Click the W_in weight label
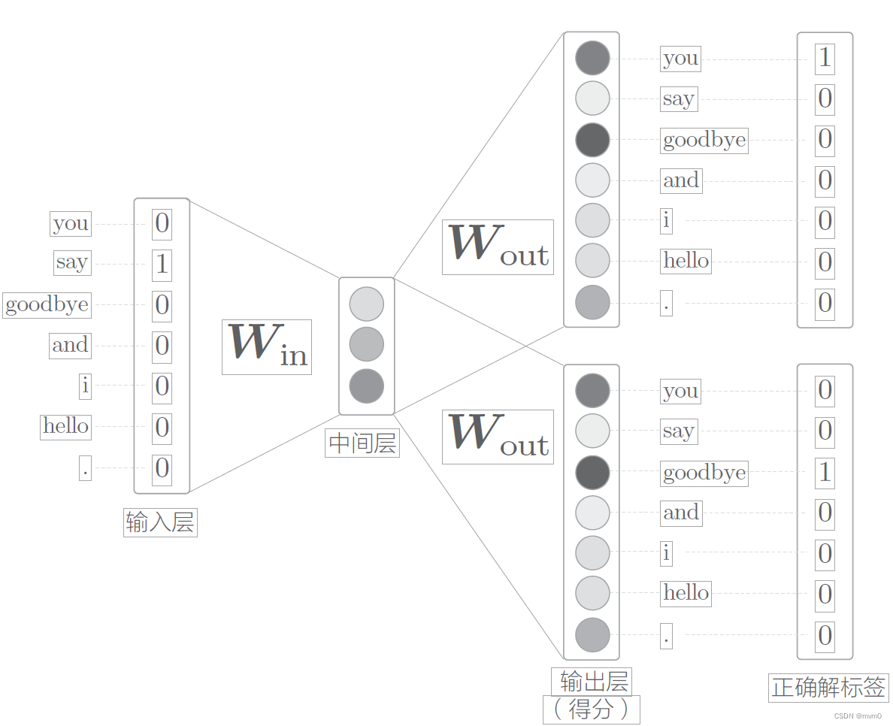(x=267, y=346)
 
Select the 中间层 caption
(x=363, y=443)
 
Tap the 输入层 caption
(x=160, y=522)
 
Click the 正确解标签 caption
(x=828, y=687)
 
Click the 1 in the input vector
(x=162, y=265)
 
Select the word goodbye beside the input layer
(x=47, y=304)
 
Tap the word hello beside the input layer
(x=66, y=426)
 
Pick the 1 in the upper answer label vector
(x=825, y=59)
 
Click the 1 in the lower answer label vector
(x=825, y=472)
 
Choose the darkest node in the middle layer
(x=367, y=386)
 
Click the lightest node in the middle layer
(x=367, y=304)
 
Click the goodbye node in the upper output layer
(x=592, y=140)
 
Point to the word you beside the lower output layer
(x=680, y=391)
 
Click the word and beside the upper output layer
(x=681, y=180)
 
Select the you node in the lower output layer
(x=592, y=391)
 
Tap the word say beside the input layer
(x=72, y=262)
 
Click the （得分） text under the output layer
(x=591, y=709)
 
